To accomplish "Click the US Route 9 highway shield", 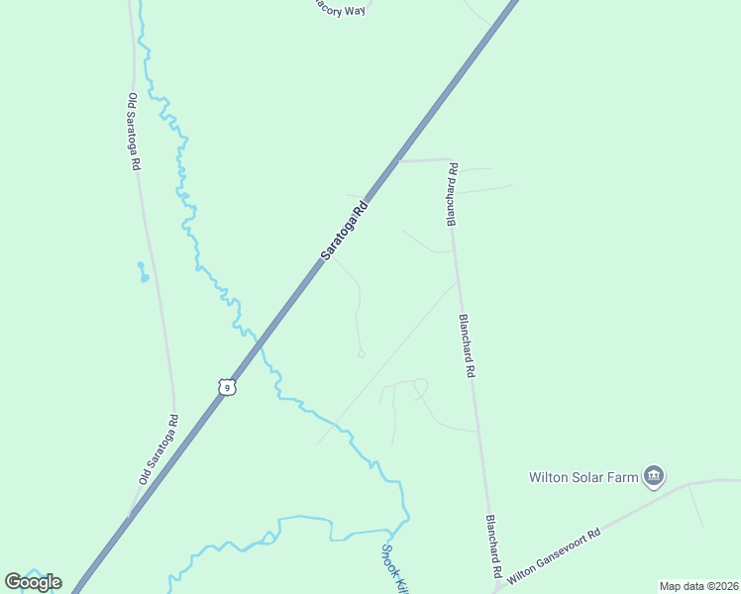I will pyautogui.click(x=228, y=387).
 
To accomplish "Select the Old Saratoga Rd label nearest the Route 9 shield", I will pyautogui.click(x=158, y=448).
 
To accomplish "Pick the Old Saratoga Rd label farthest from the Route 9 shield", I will pyautogui.click(x=133, y=133).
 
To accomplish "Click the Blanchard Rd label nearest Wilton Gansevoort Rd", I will pyautogui.click(x=492, y=546).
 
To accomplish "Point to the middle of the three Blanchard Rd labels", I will pyautogui.click(x=467, y=346).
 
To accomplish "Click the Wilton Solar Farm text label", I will pyautogui.click(x=583, y=477).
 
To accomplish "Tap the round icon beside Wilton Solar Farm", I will pyautogui.click(x=653, y=477).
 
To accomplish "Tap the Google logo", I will pyautogui.click(x=33, y=581).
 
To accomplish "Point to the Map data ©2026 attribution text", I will pyautogui.click(x=697, y=586).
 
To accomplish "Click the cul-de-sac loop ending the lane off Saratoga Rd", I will pyautogui.click(x=361, y=352).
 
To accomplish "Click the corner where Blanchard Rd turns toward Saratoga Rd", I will pyautogui.click(x=451, y=160).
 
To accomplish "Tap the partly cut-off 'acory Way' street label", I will pyautogui.click(x=340, y=9).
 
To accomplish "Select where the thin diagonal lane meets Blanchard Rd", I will pyautogui.click(x=458, y=283).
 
